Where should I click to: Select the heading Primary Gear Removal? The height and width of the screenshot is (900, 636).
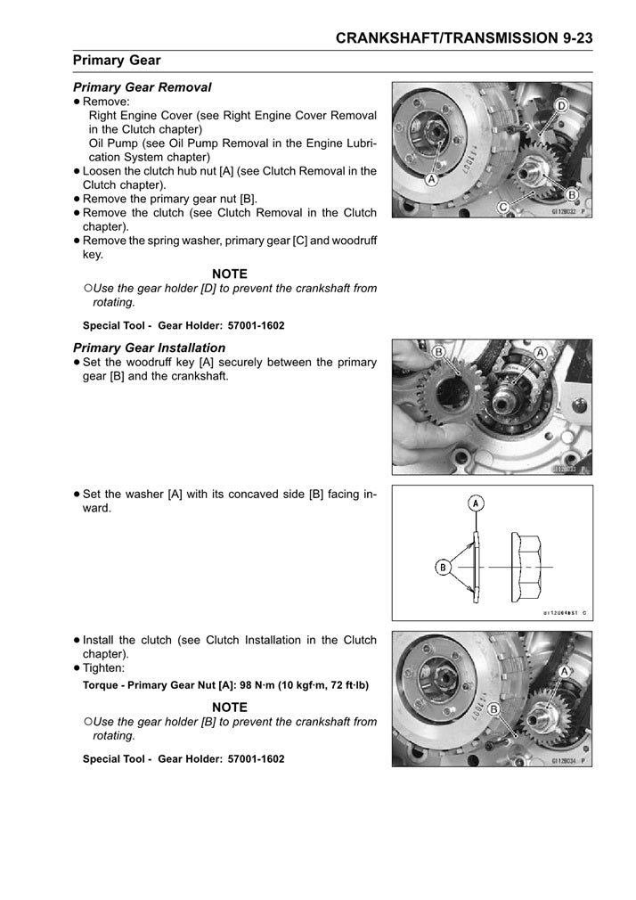[142, 87]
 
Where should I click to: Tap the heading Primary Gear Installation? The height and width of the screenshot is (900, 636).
[149, 348]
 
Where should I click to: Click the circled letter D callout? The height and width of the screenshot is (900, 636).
[562, 106]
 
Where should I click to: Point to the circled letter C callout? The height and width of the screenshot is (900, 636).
[502, 206]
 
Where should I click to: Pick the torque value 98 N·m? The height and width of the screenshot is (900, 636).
[265, 685]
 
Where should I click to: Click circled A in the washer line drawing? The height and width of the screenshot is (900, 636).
[477, 503]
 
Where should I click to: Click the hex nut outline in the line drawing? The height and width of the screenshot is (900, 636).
[526, 567]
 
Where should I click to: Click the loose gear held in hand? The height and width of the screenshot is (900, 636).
[444, 392]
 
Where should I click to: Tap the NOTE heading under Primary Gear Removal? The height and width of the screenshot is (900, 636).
[230, 274]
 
